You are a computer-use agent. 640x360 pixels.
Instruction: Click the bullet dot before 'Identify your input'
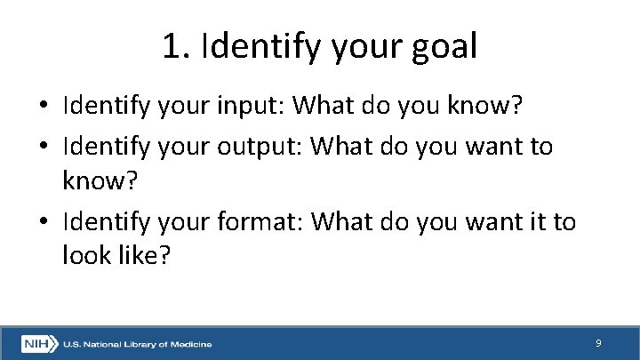[44, 107]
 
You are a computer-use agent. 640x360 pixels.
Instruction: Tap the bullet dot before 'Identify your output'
[44, 145]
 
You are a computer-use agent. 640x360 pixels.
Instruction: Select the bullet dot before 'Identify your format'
[44, 220]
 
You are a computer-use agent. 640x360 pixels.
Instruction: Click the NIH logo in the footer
[39, 343]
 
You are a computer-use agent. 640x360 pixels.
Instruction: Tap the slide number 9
[598, 342]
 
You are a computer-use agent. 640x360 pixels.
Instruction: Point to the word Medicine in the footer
[191, 344]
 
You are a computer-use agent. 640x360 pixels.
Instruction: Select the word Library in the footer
[141, 344]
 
